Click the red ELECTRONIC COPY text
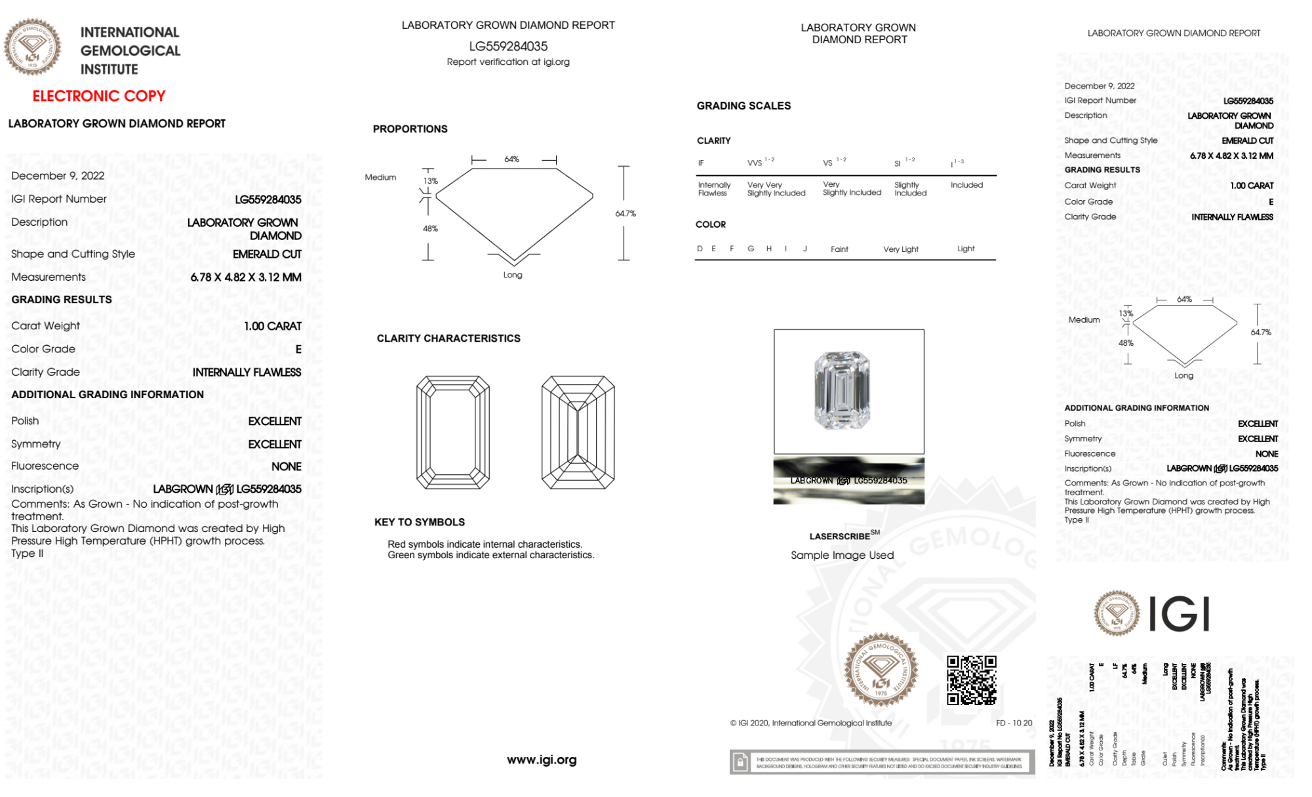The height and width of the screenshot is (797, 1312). (x=99, y=96)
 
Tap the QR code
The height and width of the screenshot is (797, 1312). (x=971, y=680)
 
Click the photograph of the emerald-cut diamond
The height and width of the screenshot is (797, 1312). (x=842, y=390)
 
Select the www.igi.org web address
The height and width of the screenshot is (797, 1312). (x=542, y=760)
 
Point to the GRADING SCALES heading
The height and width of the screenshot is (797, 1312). (x=744, y=106)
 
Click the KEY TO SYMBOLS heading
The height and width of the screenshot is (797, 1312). (x=420, y=522)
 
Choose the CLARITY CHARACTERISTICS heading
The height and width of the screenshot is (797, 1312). (x=448, y=338)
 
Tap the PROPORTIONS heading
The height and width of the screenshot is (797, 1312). (x=410, y=129)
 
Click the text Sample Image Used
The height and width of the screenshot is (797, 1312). (x=842, y=555)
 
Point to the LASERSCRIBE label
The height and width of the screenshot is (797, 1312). (x=840, y=537)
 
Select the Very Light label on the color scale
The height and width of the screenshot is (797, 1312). (x=900, y=249)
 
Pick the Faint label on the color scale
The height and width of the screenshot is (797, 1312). (x=839, y=249)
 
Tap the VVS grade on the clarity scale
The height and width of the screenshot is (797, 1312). (x=755, y=163)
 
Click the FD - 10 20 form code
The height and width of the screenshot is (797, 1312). (x=1014, y=723)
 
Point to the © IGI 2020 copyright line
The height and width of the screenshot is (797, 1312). (x=811, y=723)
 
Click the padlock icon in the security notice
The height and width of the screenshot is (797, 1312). (x=740, y=762)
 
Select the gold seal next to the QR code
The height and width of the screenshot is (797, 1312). (x=881, y=670)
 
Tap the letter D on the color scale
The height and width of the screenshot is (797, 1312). (x=700, y=249)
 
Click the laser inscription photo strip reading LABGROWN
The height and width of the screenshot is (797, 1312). (x=848, y=480)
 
